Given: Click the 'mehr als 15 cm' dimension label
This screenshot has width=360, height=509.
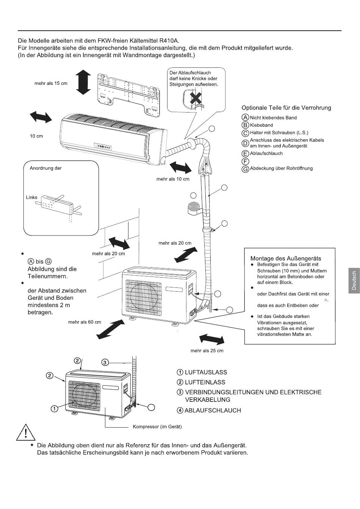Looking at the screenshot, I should pos(51,83).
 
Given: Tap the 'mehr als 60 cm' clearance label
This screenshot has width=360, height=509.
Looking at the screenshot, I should pos(85,322).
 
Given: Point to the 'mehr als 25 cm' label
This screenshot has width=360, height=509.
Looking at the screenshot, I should pos(207,351).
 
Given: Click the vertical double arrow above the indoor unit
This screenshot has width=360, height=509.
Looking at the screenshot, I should pos(83,82).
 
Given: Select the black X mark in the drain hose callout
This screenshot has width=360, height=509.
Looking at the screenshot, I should pos(196,98).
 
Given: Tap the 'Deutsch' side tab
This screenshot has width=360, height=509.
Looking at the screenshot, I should pos(354,281).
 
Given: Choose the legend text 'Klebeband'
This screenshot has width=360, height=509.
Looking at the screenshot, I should pos(261,125).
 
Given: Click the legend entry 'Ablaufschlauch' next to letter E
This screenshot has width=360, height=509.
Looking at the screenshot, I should pos(266,153).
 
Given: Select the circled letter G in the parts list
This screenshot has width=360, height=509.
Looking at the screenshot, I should pos(245,169).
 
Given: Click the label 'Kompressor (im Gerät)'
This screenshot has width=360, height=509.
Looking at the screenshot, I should pos(157,427).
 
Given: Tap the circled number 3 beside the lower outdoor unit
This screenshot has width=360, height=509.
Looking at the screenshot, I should pos(106,362).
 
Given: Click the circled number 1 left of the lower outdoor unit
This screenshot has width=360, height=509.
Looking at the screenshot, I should pos(55,409).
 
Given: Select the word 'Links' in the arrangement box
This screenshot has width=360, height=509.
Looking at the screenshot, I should pos(32,197).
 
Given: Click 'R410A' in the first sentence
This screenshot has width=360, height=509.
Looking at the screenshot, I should pos(170,40).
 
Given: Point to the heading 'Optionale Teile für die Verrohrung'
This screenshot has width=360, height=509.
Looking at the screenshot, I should pos(286,108).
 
